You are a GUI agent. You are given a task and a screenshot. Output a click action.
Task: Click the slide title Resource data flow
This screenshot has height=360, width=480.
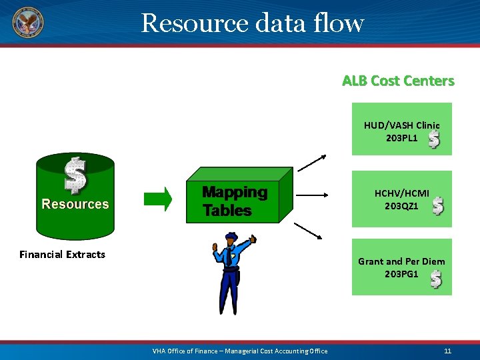[x=253, y=23]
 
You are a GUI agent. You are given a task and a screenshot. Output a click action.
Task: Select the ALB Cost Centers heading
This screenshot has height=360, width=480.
[x=398, y=81]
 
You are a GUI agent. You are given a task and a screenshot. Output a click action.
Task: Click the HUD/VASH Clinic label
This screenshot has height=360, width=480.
[x=401, y=125]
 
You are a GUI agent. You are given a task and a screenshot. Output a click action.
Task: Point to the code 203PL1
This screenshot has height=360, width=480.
[x=401, y=138]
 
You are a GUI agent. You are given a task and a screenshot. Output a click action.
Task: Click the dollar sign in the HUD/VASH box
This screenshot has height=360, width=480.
[x=434, y=139]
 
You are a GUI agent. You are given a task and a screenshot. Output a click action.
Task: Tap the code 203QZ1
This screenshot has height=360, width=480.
[x=401, y=206]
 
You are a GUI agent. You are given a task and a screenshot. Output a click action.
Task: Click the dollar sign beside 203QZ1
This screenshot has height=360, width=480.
[x=438, y=207]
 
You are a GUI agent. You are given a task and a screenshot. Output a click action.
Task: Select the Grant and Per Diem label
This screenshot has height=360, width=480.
[x=401, y=261]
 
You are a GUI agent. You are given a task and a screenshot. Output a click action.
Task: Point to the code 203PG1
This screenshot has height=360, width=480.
[x=401, y=274]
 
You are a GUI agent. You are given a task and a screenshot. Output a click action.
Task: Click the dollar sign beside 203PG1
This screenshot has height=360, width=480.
[x=435, y=279]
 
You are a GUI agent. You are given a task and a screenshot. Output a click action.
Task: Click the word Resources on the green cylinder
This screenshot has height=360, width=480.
[x=75, y=204]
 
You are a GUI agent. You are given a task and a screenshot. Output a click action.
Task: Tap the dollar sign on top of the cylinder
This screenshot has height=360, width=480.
[x=75, y=175]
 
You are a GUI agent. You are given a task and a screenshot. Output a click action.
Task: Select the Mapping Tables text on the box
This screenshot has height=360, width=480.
[x=235, y=201]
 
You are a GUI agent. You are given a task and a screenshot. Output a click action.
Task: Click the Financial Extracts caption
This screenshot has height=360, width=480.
[x=62, y=254]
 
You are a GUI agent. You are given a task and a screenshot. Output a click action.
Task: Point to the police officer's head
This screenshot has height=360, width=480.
[x=231, y=239]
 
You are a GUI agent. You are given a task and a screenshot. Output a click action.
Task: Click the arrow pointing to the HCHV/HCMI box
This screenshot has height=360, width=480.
[x=310, y=195]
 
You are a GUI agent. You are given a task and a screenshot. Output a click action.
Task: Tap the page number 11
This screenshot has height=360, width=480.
[x=447, y=350]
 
